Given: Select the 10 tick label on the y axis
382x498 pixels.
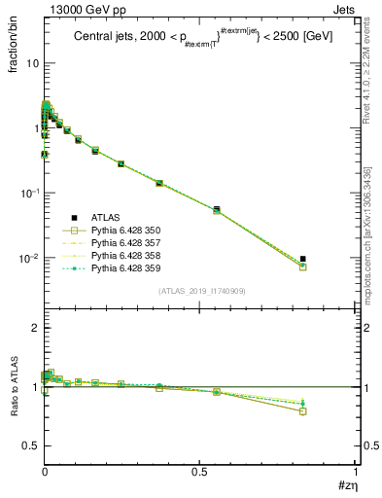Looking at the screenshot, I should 32,62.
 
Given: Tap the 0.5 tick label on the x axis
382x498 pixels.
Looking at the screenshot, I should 199,474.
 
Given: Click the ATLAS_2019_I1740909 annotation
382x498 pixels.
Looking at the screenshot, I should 201,292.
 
